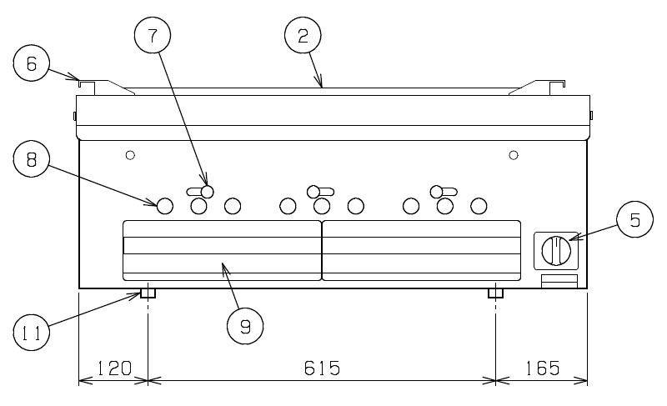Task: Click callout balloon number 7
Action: [153, 36]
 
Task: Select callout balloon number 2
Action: [303, 36]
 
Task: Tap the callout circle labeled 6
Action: [32, 63]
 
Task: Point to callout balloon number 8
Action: [32, 159]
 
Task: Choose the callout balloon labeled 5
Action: [634, 219]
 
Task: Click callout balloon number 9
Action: [245, 326]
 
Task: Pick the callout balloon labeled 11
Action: [32, 333]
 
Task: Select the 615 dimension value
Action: [322, 368]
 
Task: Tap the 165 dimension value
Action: [543, 368]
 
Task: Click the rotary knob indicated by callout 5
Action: [556, 251]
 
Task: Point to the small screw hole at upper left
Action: [131, 155]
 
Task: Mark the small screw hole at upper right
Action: [514, 155]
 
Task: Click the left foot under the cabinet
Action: [148, 293]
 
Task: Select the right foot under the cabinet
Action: [495, 293]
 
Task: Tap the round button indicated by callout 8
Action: [165, 206]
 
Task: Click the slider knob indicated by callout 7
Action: [207, 192]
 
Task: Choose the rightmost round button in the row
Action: [479, 206]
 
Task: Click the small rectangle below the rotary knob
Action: [559, 281]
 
